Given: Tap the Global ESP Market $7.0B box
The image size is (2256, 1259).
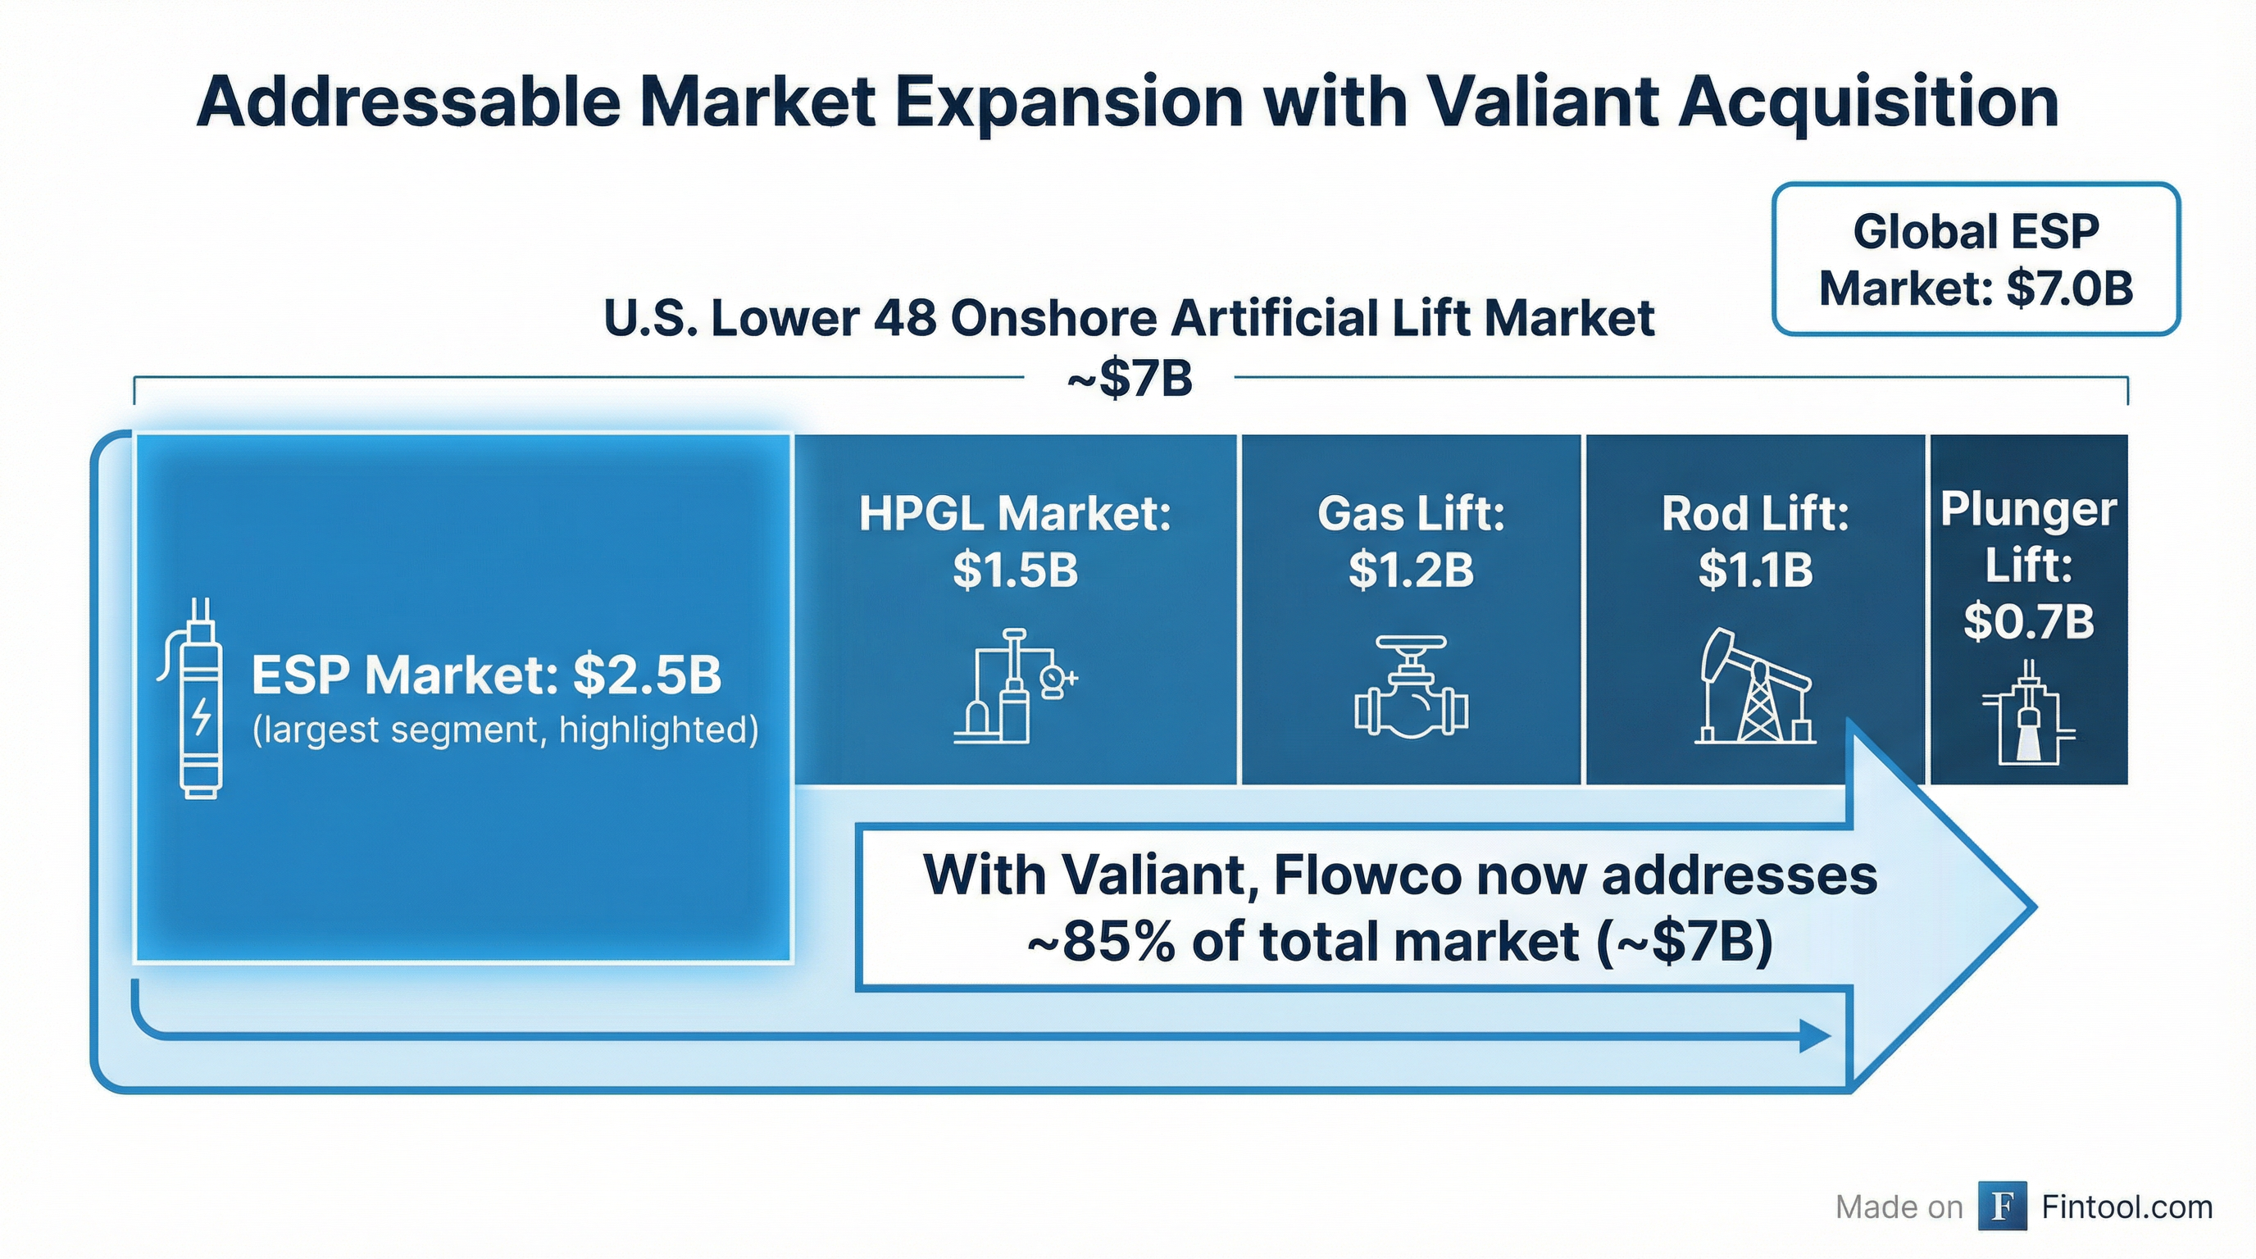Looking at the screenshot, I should pyautogui.click(x=1976, y=259).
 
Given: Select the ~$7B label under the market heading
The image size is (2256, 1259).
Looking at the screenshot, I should pyautogui.click(x=1130, y=380).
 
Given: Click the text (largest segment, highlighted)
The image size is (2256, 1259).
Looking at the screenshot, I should pyautogui.click(x=505, y=729).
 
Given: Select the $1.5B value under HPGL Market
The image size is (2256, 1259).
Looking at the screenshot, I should pyautogui.click(x=1015, y=570).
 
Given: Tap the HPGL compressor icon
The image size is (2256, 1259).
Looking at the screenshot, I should pyautogui.click(x=1013, y=687).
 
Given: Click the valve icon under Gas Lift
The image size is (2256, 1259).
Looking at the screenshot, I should pyautogui.click(x=1411, y=687).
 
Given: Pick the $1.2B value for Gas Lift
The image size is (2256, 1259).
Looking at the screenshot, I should pyautogui.click(x=1411, y=570).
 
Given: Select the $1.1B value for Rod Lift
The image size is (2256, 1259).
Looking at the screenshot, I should pyautogui.click(x=1755, y=570).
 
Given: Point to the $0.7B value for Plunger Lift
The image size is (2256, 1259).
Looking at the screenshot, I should pyautogui.click(x=2028, y=621).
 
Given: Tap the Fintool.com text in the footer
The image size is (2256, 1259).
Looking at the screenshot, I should pyautogui.click(x=2126, y=1207).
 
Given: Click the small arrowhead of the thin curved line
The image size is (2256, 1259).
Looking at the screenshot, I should pyautogui.click(x=1815, y=1036).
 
